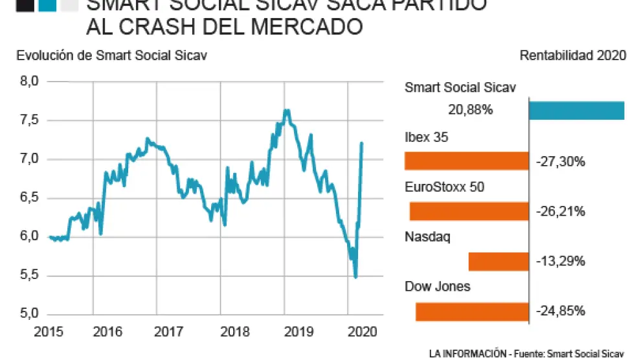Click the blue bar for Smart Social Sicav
coord(576,111)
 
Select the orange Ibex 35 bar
coord(466,161)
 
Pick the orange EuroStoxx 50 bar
coord(469,211)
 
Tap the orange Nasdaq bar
coord(498,262)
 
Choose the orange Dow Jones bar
coord(472,311)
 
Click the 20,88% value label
coord(470,110)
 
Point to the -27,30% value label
coord(561,161)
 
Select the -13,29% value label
coord(561,262)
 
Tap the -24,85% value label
coord(561,311)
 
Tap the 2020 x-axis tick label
coord(363,332)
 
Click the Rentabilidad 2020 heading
coord(572,55)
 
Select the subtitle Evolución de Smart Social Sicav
coord(111,55)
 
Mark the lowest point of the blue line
coord(355,277)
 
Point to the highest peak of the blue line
coord(286,110)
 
